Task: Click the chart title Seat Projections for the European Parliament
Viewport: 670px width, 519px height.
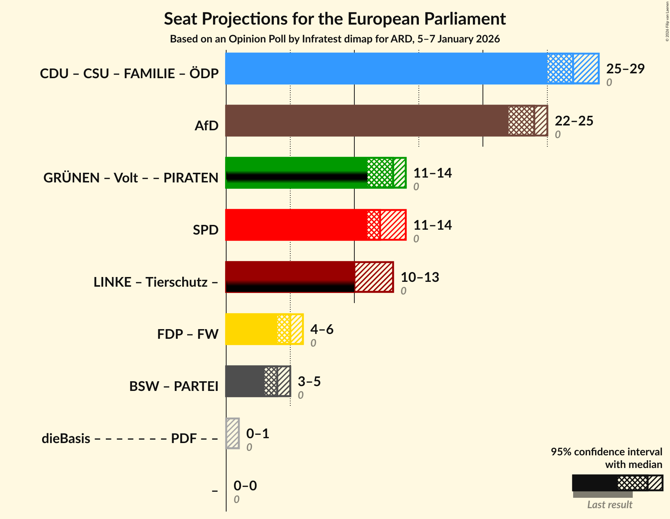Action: (x=335, y=19)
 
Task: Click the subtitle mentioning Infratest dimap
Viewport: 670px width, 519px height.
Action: (x=335, y=39)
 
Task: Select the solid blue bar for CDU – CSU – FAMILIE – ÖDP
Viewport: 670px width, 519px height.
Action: (x=386, y=69)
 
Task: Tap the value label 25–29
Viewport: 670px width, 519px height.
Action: (x=625, y=69)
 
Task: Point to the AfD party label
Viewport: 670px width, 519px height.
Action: (x=206, y=126)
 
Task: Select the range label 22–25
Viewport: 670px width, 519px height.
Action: (x=573, y=121)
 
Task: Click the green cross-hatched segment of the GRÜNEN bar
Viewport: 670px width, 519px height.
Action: (x=380, y=173)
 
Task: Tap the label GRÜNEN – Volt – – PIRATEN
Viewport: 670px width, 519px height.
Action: (x=131, y=178)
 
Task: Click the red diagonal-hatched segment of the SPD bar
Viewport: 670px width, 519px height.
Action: (x=393, y=225)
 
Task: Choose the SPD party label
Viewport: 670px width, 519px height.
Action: (x=205, y=230)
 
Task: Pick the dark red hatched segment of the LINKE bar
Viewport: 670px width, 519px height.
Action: (x=374, y=277)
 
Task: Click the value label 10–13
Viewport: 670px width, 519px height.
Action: (x=420, y=277)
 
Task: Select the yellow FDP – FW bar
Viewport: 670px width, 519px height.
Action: (x=251, y=329)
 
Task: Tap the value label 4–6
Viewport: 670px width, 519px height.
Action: (x=322, y=329)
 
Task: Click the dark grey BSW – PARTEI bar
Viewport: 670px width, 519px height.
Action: (x=244, y=381)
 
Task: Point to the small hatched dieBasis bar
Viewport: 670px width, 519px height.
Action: (x=233, y=433)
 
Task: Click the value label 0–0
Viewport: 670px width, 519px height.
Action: (x=245, y=485)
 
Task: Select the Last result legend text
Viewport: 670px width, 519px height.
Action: (x=609, y=505)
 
